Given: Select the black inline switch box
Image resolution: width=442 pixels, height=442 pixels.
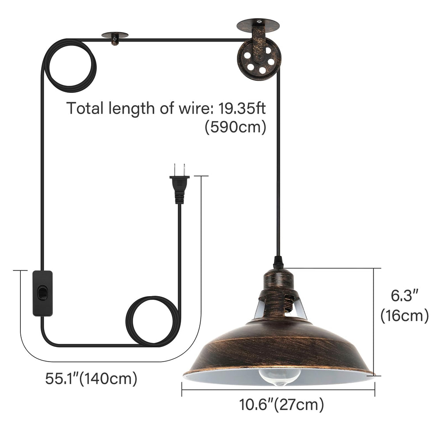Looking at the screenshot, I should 42,293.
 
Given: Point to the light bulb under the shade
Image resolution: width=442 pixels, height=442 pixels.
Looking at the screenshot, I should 279,375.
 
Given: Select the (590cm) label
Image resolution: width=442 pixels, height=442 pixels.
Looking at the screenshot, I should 235,128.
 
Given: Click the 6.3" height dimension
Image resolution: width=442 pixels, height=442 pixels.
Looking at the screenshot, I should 404,295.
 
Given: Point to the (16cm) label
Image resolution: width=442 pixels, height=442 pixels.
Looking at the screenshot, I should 404,316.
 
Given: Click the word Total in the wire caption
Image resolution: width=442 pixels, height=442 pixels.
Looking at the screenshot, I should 85,108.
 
